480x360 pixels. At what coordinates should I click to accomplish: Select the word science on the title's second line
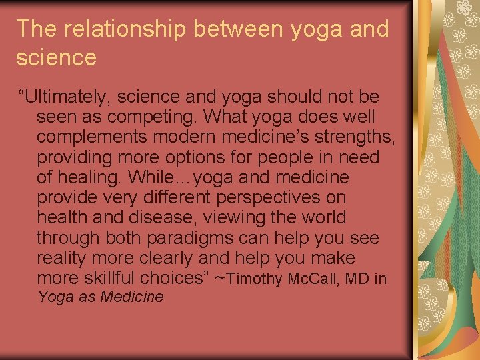pos(56,58)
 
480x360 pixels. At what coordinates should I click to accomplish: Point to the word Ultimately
pos(63,97)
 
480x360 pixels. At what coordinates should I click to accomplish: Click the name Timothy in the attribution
pos(259,279)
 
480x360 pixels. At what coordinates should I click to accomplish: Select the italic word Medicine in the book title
pos(131,297)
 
